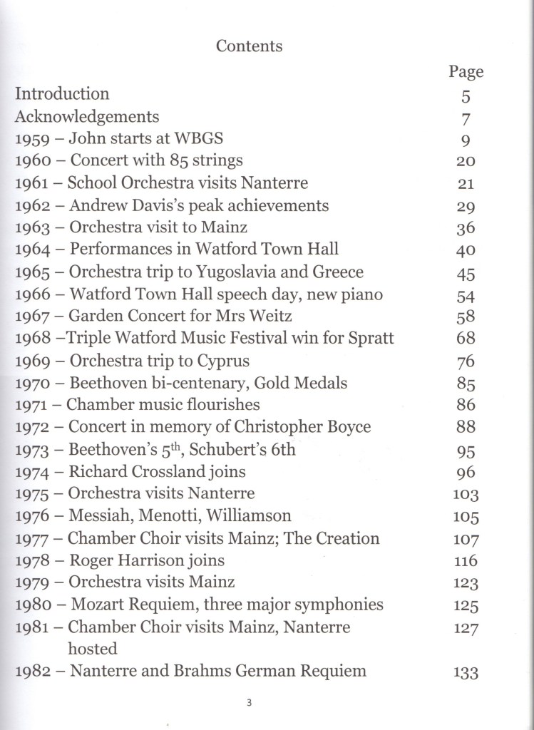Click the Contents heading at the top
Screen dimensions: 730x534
pyautogui.click(x=249, y=46)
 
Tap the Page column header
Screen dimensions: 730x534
pyautogui.click(x=466, y=71)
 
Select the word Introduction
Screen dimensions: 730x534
pyautogui.click(x=63, y=94)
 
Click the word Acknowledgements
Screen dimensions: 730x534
pyautogui.click(x=87, y=116)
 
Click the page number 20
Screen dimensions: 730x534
pyautogui.click(x=466, y=162)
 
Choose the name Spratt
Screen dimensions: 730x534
pyautogui.click(x=369, y=338)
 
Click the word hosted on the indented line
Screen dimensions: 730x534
pyautogui.click(x=93, y=649)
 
